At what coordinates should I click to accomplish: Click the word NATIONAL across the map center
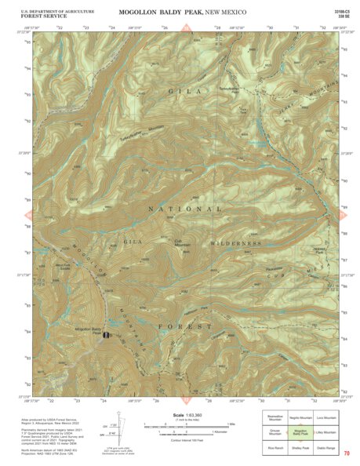(186, 209)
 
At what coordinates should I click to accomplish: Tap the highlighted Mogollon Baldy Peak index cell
(300, 432)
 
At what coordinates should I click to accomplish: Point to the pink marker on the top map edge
(186, 28)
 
